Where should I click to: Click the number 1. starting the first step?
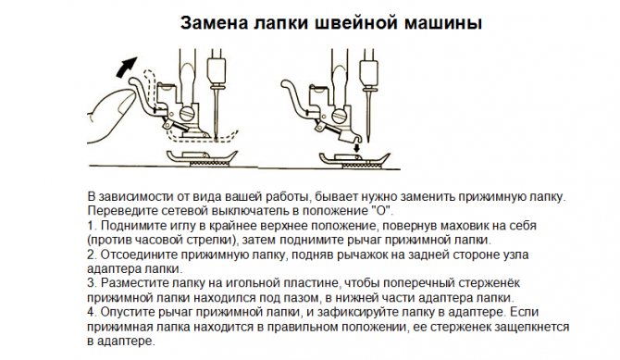click(90, 225)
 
